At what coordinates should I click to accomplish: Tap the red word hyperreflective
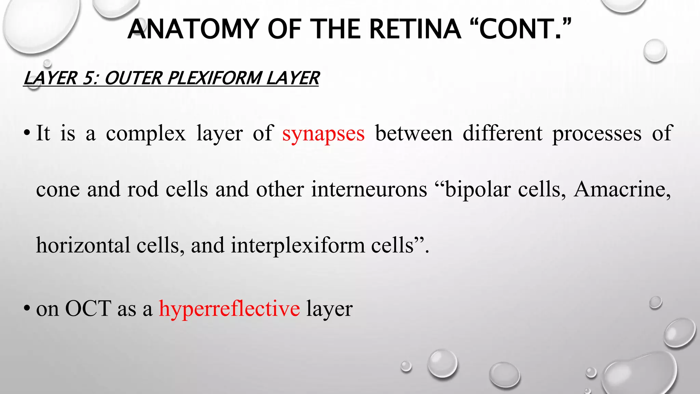pyautogui.click(x=229, y=308)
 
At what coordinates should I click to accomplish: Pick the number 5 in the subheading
pyautogui.click(x=89, y=78)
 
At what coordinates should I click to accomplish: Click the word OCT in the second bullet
pyautogui.click(x=88, y=308)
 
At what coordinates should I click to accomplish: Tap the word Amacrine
pyautogui.click(x=622, y=189)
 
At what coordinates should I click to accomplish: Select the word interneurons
pyautogui.click(x=369, y=189)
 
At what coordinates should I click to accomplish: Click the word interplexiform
pyautogui.click(x=298, y=246)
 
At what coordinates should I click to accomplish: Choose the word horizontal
pyautogui.click(x=83, y=246)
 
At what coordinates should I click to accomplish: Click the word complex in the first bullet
pyautogui.click(x=146, y=133)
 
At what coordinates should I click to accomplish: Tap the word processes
pyautogui.click(x=597, y=133)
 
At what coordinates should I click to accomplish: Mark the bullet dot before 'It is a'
pyautogui.click(x=26, y=133)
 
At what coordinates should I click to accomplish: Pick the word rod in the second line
pyautogui.click(x=143, y=189)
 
